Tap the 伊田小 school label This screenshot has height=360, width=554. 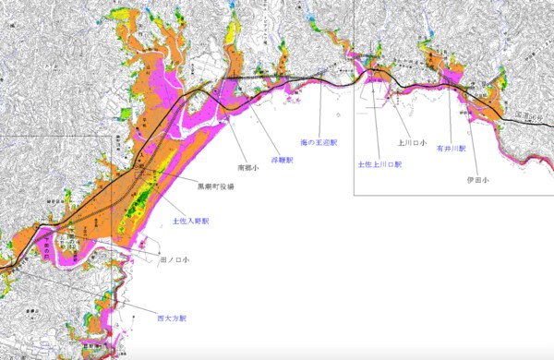pos(478,180)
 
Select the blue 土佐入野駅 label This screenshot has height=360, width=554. pos(190,222)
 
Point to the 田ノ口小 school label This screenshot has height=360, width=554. pos(175,262)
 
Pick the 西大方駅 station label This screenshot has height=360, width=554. pos(172,317)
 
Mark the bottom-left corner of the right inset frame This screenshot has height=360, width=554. pos(355,195)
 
